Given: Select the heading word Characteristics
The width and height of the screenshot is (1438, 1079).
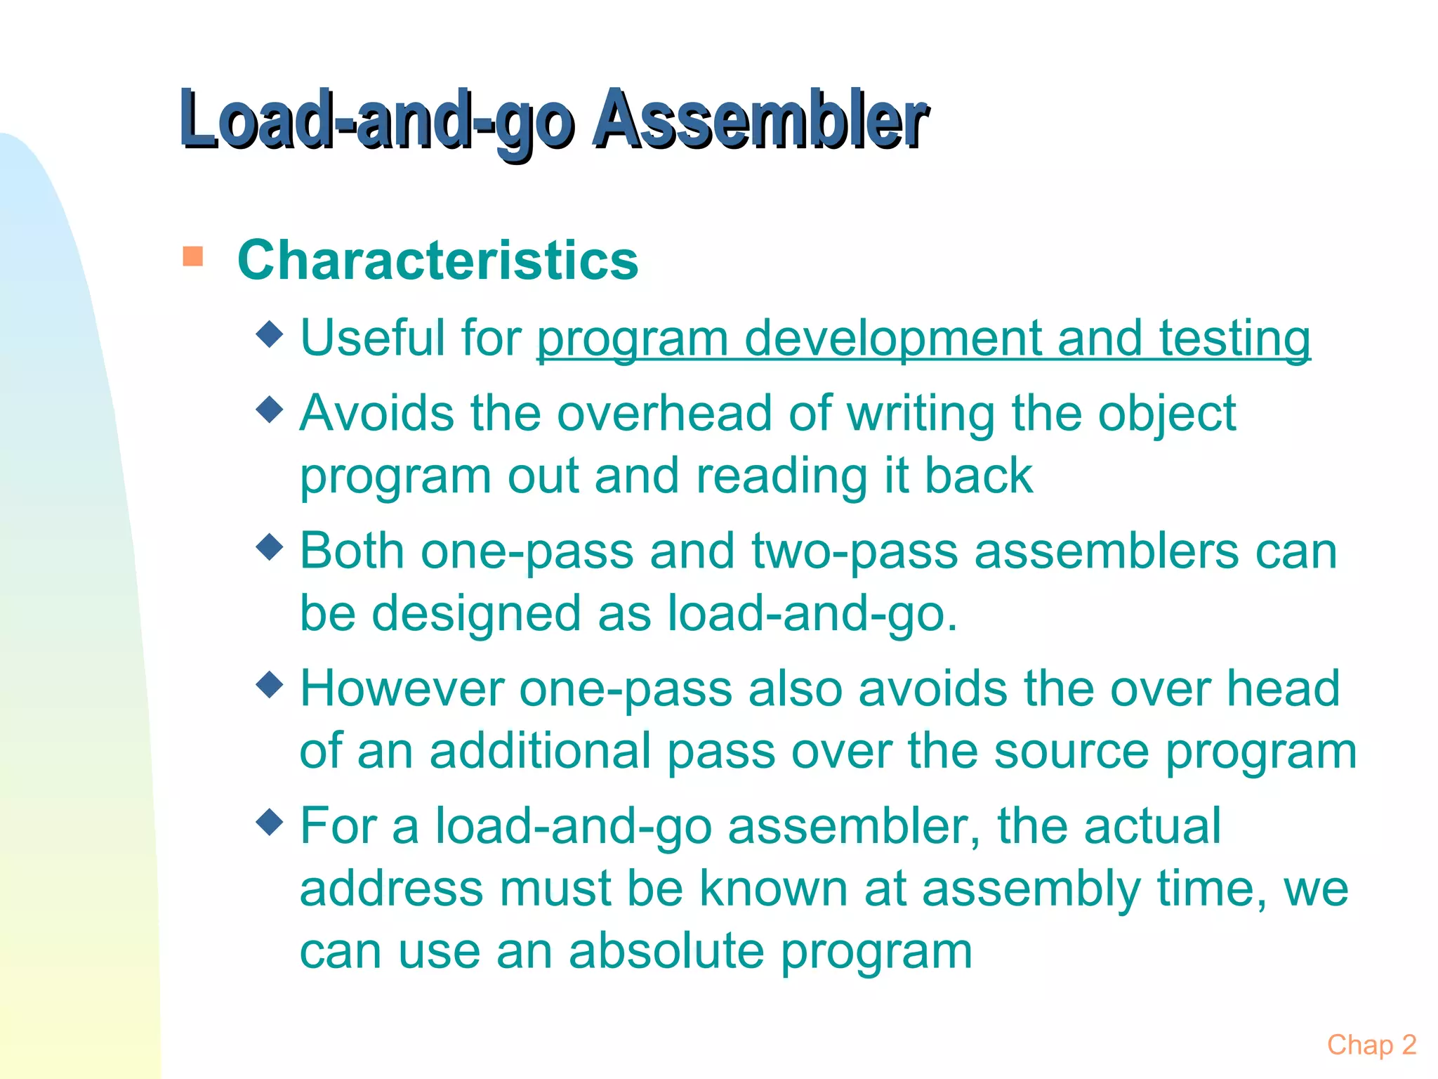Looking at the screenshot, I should pos(437,261).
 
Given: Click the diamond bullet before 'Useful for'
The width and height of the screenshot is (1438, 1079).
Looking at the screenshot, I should pos(270,334).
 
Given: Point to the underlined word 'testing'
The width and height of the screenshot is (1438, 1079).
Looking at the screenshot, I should pos(1234,339).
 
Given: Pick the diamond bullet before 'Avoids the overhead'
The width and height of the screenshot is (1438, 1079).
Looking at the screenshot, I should pos(270,409).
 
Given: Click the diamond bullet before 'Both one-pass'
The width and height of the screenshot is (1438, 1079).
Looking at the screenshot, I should pos(270,546).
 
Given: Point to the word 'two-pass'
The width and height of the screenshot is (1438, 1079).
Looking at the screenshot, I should pos(855,552).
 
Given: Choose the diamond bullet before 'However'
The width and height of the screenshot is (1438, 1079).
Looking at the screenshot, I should pos(270,684).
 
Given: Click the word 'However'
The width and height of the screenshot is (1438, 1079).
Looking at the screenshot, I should pos(402,688).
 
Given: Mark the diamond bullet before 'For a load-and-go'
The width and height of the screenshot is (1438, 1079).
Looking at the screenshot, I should pos(270,820).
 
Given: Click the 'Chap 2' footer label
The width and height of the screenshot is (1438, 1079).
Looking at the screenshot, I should pos(1371,1045).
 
